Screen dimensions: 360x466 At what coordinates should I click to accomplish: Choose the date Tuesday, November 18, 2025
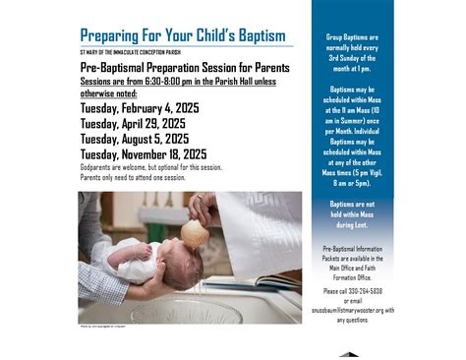144,154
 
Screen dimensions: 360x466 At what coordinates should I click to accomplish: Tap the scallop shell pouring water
196,233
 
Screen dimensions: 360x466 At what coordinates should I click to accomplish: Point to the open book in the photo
261,281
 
